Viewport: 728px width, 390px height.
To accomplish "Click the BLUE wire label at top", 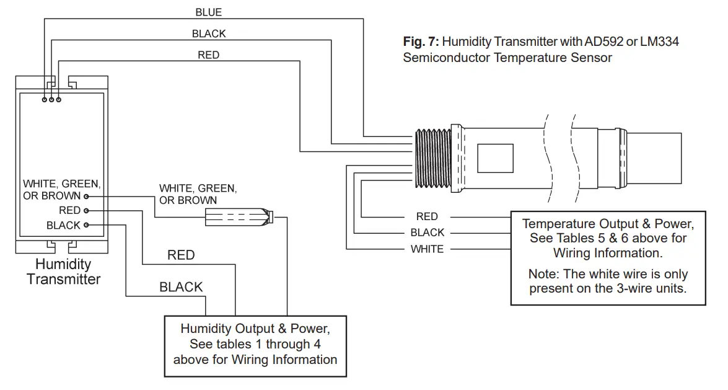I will [x=208, y=12].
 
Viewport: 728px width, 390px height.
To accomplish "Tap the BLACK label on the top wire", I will [x=209, y=33].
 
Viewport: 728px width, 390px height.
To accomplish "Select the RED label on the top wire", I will [x=208, y=55].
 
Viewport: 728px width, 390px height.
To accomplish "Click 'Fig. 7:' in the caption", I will [x=421, y=42].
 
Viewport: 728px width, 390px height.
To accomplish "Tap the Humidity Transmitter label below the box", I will [x=63, y=272].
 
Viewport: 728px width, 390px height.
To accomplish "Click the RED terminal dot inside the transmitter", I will [x=86, y=211].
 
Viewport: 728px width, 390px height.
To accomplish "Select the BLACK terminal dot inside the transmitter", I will [x=86, y=225].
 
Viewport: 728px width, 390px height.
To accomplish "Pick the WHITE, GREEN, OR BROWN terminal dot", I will [x=86, y=196].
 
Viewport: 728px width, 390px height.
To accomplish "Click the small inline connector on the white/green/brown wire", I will [x=239, y=218].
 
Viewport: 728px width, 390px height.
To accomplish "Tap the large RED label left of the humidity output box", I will [x=181, y=255].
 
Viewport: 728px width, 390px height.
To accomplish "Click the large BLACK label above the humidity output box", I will [x=181, y=287].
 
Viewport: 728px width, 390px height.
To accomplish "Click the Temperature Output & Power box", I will [x=608, y=257].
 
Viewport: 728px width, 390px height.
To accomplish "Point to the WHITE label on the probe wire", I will [x=427, y=249].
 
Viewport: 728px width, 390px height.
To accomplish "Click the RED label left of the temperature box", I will [x=427, y=216].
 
